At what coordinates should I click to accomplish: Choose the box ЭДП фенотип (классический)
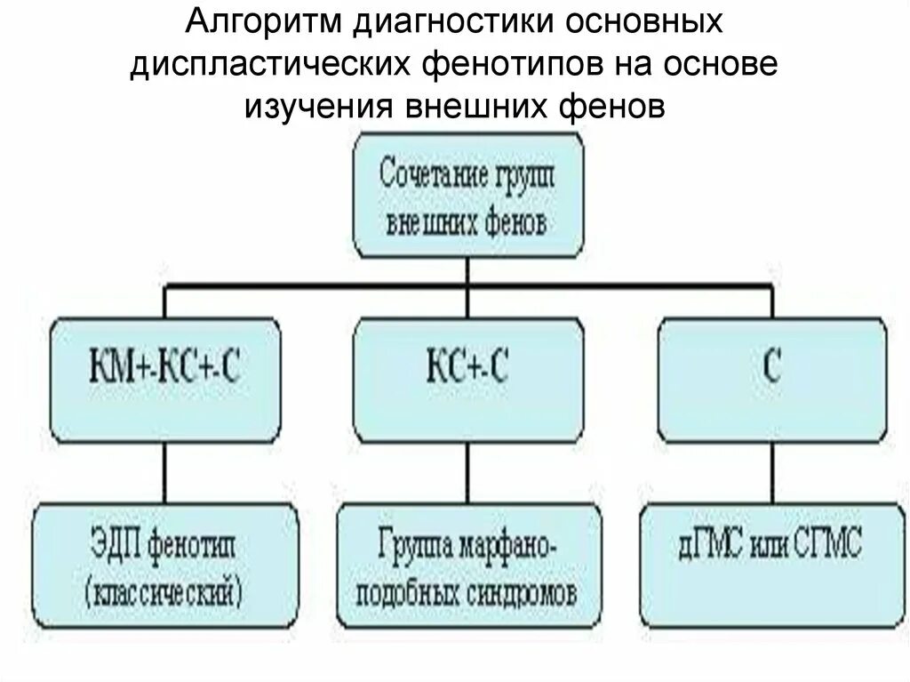click(x=164, y=562)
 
